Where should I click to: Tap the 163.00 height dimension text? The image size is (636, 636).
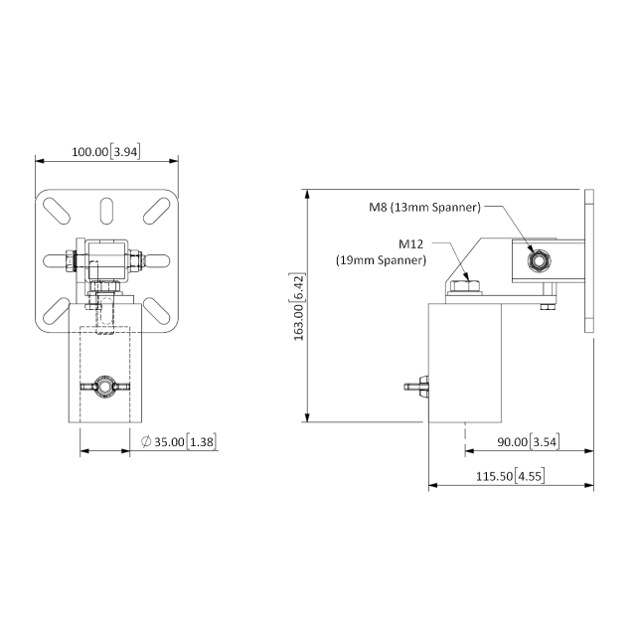tap(300, 308)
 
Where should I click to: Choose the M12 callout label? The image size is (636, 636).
tap(412, 243)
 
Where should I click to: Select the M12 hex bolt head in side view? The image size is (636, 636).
tap(464, 287)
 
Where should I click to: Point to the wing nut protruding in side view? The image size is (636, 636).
tap(416, 387)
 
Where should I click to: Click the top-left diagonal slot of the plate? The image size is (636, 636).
tap(57, 212)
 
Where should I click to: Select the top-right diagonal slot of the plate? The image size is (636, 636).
tap(155, 212)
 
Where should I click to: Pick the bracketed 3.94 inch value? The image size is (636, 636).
tap(126, 152)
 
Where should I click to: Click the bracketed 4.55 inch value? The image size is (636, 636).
tap(530, 477)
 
